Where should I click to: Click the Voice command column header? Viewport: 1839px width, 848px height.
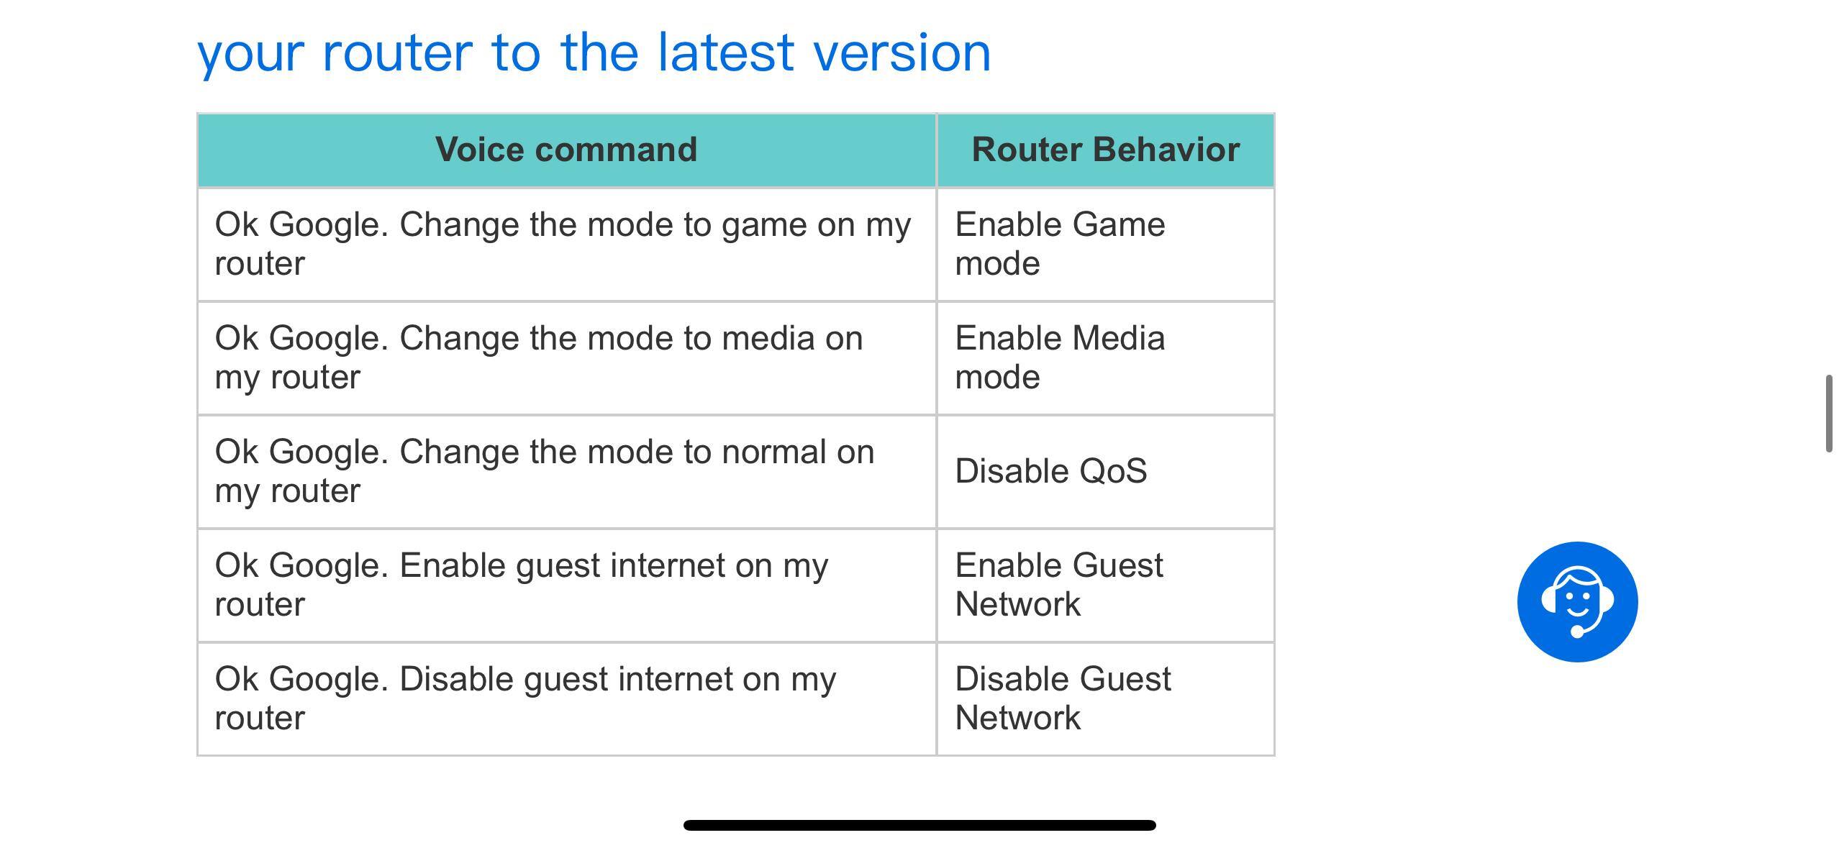point(566,150)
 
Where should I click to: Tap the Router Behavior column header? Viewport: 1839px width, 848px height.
point(1105,150)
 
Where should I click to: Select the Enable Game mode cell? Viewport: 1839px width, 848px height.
point(1105,245)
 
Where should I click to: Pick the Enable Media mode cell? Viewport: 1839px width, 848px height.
point(1105,357)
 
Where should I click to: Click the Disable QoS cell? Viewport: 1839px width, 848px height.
point(1105,471)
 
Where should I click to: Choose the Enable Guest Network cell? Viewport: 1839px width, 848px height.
point(1105,585)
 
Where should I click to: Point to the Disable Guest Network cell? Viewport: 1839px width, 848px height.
point(1105,698)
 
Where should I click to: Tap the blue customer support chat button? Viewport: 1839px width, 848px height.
point(1577,601)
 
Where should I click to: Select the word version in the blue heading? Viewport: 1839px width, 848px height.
point(902,54)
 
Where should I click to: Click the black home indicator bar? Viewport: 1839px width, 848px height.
point(919,825)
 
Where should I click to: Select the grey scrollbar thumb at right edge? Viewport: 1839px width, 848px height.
point(1829,414)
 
